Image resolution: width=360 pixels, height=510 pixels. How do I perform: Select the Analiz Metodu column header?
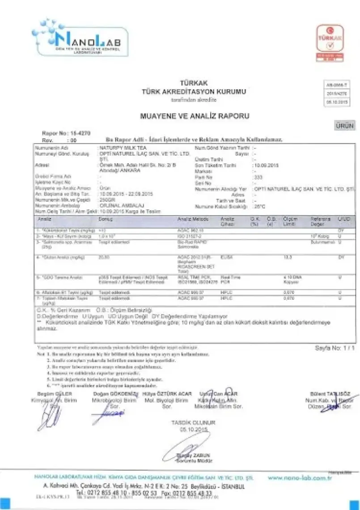point(190,219)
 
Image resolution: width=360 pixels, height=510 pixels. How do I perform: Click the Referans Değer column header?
point(320,221)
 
